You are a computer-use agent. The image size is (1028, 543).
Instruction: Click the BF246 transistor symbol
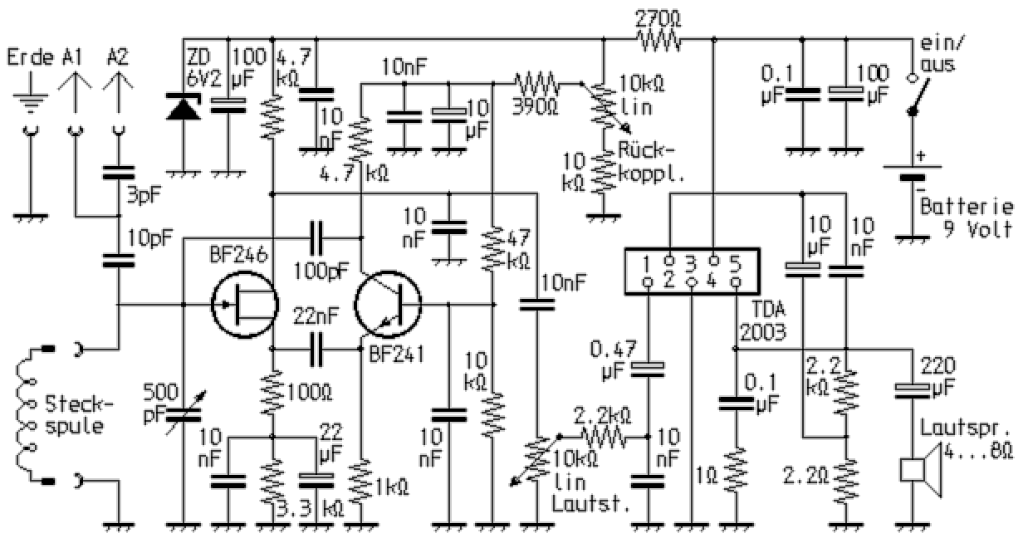click(x=242, y=305)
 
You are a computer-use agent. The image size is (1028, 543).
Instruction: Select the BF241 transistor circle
click(x=389, y=305)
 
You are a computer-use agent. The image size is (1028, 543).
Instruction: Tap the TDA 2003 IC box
click(x=691, y=271)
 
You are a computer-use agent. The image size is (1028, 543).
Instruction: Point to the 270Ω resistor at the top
click(x=658, y=38)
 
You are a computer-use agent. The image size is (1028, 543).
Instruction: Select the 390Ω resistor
click(x=536, y=83)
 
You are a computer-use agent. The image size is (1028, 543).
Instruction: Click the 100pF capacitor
click(x=316, y=237)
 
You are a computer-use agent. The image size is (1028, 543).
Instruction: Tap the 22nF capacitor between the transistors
click(x=316, y=350)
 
